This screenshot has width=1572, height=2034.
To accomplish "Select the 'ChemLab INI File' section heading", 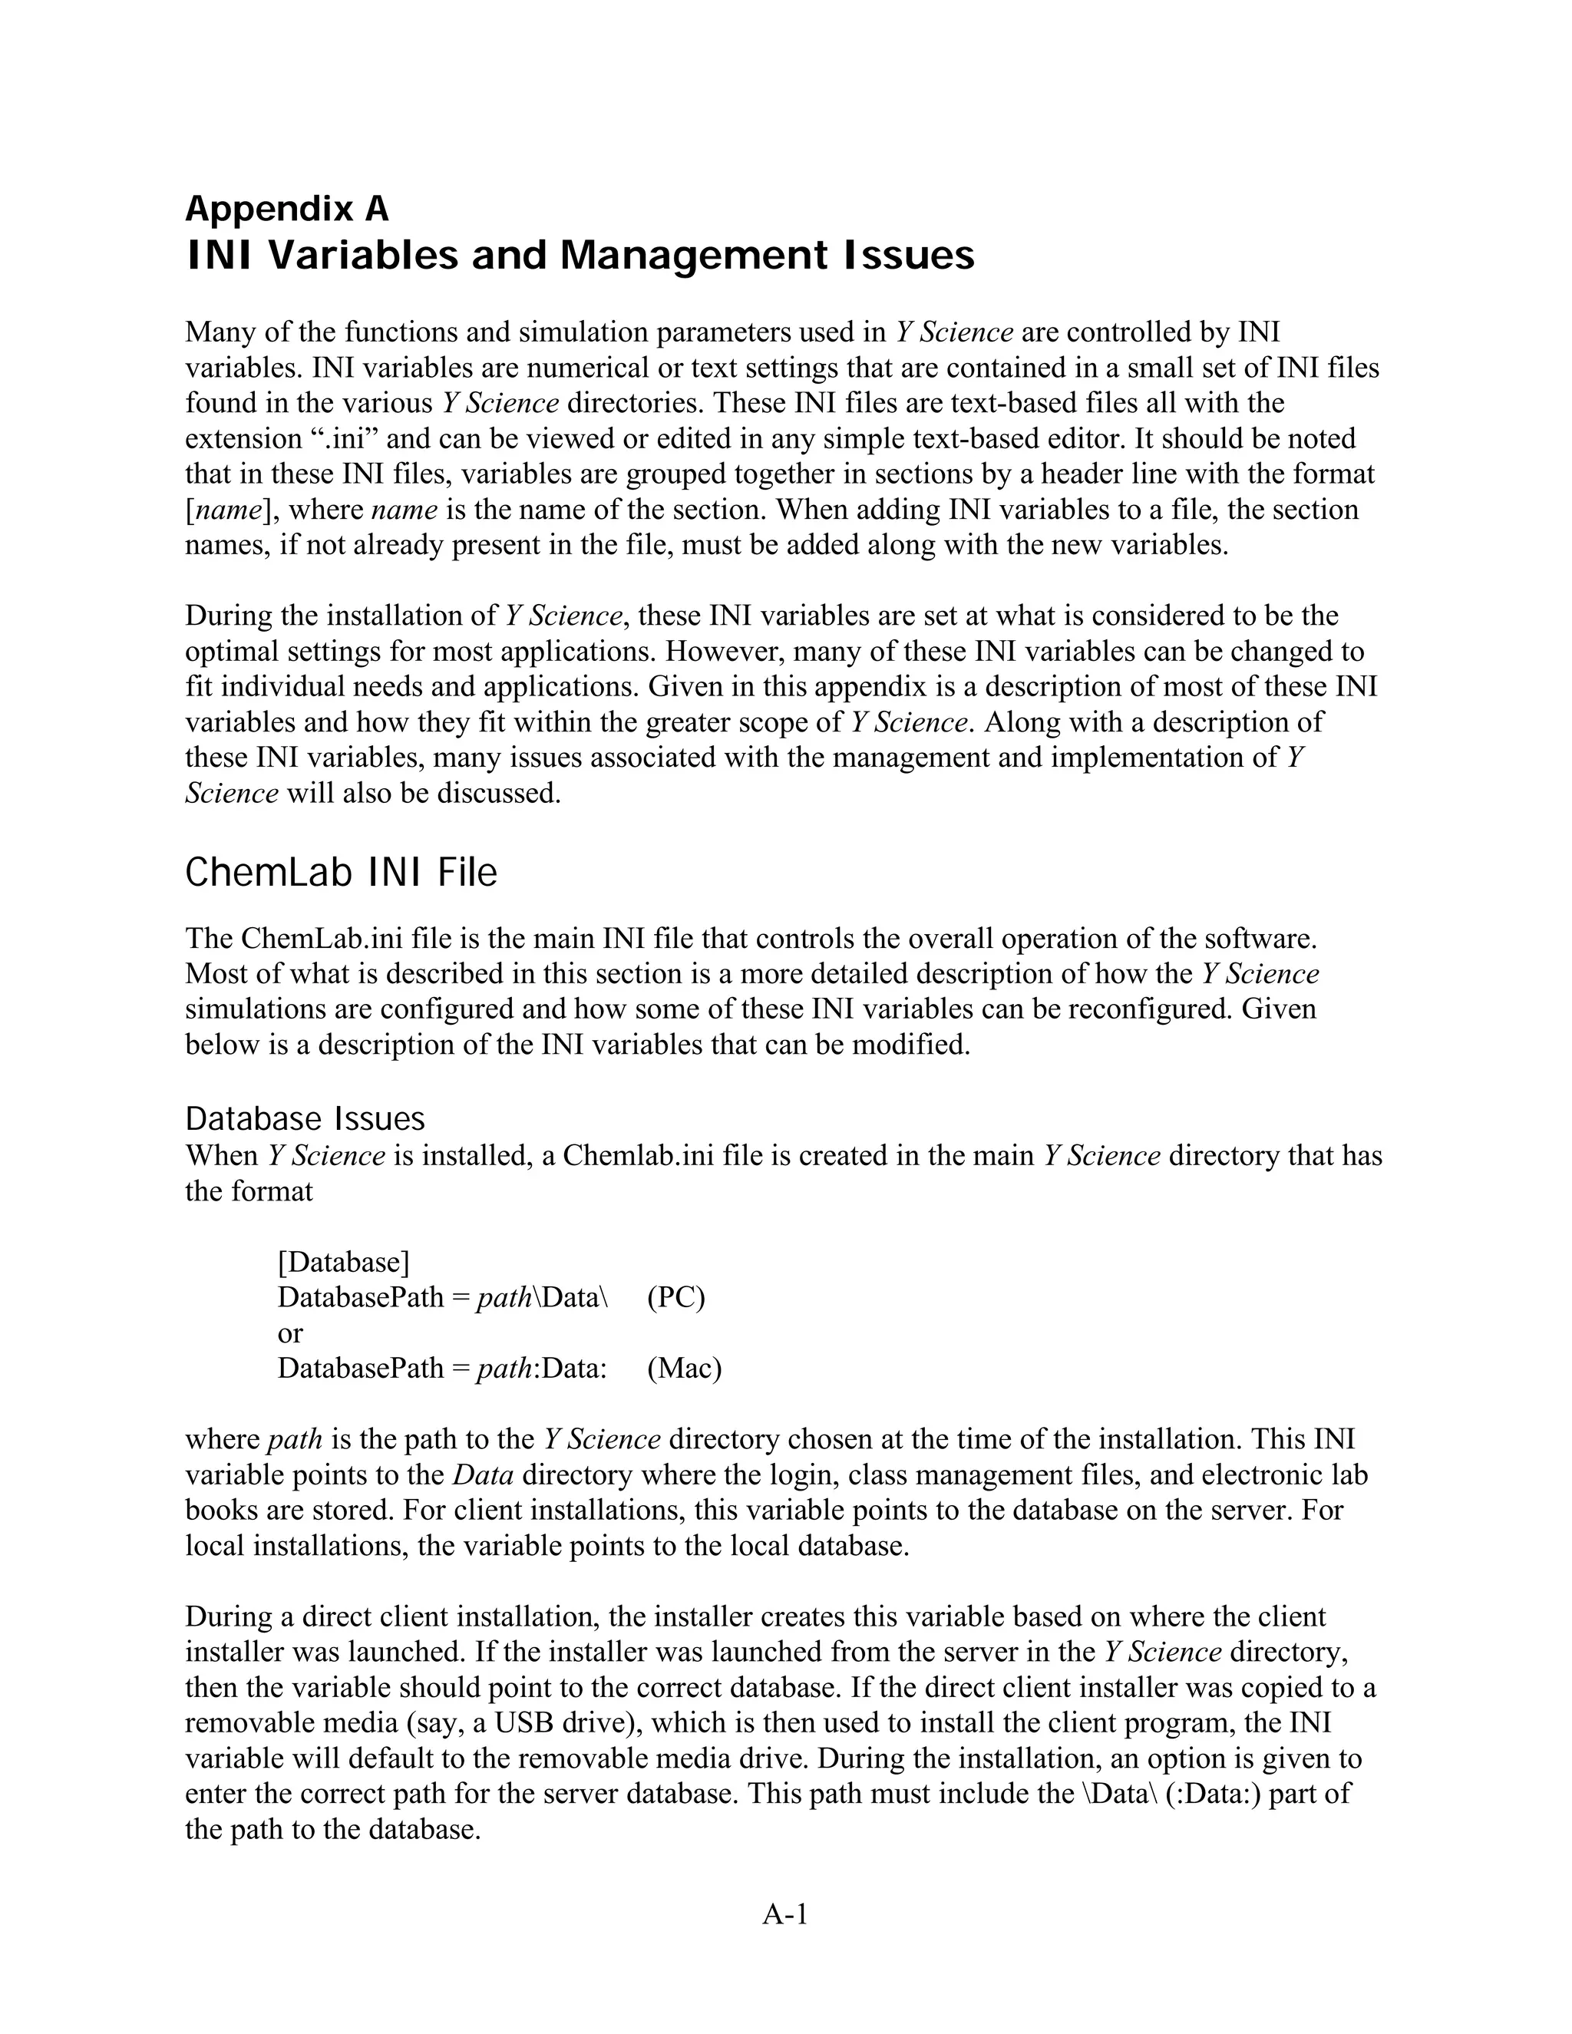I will pyautogui.click(x=341, y=873).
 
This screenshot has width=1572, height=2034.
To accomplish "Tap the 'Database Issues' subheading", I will pyautogui.click(x=305, y=1118).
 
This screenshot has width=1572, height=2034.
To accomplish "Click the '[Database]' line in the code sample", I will pyautogui.click(x=342, y=1262).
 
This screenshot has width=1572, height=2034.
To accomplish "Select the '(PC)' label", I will pyautogui.click(x=676, y=1297).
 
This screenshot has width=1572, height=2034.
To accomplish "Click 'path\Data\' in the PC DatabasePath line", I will pyautogui.click(x=541, y=1297).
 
